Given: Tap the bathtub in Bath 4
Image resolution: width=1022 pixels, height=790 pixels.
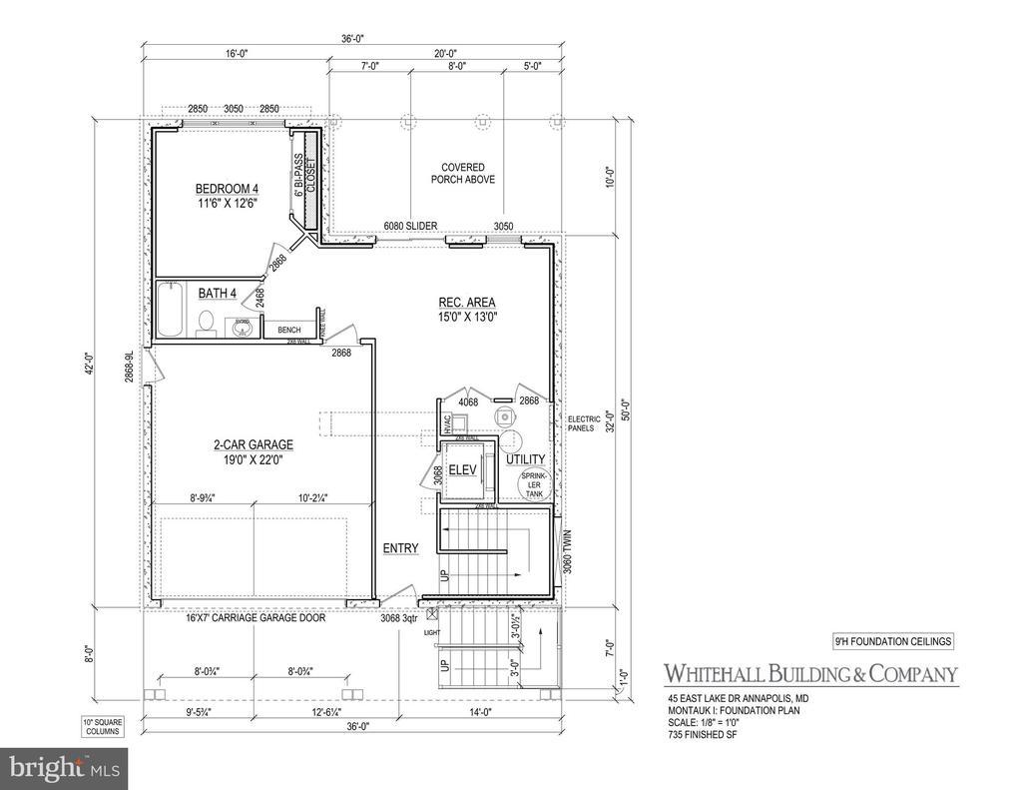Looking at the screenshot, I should coord(169,312).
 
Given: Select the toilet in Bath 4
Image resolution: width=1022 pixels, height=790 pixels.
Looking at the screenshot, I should coord(207,323).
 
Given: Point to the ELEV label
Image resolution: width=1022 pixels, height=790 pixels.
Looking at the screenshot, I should coord(461,470).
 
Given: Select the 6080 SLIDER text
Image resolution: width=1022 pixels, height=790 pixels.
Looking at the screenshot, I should coord(411,227).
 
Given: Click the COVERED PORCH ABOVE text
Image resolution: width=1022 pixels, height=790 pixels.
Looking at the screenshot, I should coord(463,174).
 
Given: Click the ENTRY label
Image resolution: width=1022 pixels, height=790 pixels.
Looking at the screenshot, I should coord(401,548).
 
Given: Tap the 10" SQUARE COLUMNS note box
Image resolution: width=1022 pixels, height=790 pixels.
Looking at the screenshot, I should coord(101,726).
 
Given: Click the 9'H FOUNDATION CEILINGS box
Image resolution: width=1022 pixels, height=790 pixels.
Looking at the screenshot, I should coord(891,641).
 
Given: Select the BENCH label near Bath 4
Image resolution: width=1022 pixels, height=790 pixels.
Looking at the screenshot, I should coord(289,330).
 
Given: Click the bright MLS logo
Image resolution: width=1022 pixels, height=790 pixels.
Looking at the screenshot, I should coord(64,768).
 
